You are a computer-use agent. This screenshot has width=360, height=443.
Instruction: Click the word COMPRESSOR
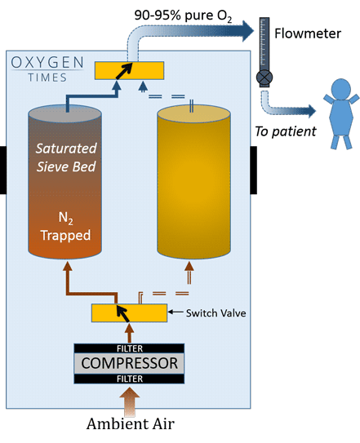129,363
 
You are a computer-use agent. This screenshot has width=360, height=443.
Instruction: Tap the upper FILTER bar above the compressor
129,348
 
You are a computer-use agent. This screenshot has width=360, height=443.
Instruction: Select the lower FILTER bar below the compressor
129,379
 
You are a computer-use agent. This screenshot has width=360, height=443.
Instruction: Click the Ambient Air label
131,423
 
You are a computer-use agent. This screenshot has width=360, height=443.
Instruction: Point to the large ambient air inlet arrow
130,401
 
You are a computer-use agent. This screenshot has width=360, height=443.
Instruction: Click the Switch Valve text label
216,313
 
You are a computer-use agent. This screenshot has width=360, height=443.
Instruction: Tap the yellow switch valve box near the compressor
129,312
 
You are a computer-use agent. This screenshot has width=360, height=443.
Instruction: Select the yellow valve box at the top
129,70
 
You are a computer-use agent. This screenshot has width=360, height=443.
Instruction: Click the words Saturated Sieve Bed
66,157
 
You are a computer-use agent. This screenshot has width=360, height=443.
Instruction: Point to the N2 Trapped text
65,227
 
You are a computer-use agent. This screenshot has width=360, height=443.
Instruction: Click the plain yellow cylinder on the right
193,182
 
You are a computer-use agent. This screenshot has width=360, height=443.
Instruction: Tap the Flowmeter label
308,33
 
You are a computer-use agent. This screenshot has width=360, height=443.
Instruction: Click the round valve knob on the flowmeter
264,78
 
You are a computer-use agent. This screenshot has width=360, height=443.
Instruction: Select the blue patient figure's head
341,89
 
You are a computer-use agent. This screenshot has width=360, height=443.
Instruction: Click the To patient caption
286,131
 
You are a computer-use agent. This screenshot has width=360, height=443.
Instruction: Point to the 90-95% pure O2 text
183,16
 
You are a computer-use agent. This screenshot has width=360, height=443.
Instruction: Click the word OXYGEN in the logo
47,63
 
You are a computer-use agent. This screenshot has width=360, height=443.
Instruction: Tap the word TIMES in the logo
47,78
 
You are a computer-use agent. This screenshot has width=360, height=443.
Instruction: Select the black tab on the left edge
3,170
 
